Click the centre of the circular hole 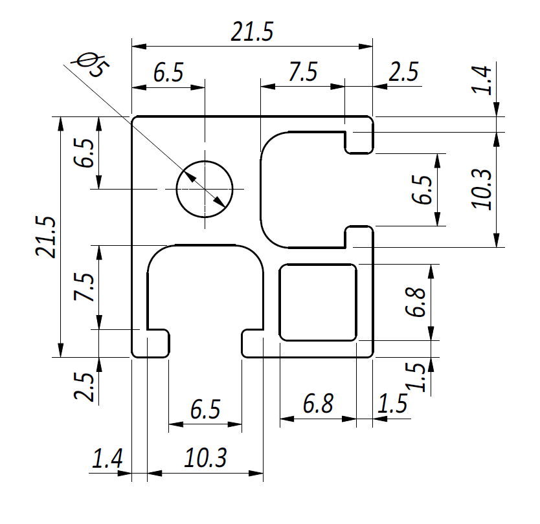coord(205,189)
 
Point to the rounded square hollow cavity coord(318,302)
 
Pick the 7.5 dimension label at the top coord(303,72)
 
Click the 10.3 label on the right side coord(481,189)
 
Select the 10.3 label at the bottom coord(206,458)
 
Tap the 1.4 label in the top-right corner coord(481,80)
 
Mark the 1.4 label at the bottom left coord(107,459)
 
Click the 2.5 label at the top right coord(403,72)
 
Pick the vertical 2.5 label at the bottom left coord(84,386)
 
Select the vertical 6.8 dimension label coord(415,301)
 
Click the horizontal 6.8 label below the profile coord(318,404)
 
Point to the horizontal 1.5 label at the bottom coord(393,404)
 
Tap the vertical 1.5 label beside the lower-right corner coord(417,377)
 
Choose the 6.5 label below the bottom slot coord(205,409)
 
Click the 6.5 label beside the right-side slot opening coord(422,190)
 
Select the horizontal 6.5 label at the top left coord(168,72)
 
